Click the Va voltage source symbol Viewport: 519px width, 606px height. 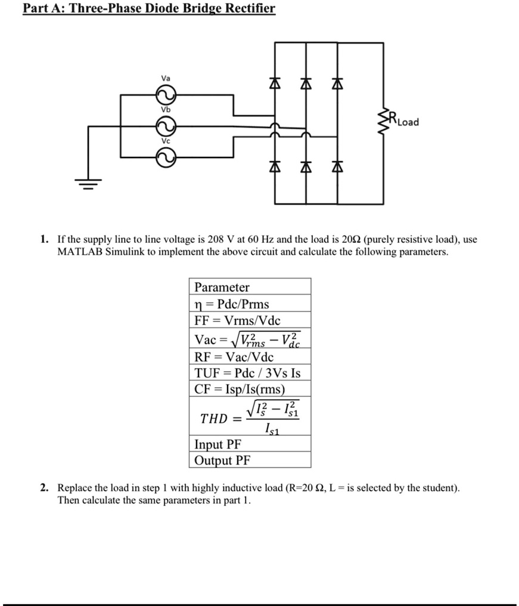pos(164,94)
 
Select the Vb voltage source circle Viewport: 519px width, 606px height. pos(164,126)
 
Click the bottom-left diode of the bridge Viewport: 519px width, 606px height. pos(276,168)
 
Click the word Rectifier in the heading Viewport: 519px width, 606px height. pos(245,9)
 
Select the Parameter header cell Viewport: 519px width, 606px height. pos(222,287)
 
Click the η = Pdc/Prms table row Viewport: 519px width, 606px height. pos(232,304)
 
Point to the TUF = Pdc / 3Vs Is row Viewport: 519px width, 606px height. pos(247,373)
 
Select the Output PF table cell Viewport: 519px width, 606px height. pos(223,460)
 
